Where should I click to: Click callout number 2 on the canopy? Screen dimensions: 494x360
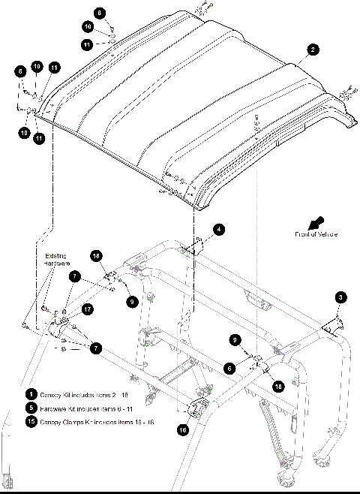pos(313,50)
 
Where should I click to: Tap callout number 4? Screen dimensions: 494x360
pos(219,230)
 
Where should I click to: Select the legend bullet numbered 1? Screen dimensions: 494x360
pos(31,393)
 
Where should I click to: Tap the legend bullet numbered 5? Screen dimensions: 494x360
pos(31,407)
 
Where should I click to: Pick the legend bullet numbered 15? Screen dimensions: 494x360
pos(31,421)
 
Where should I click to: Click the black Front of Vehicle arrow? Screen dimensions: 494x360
pos(321,222)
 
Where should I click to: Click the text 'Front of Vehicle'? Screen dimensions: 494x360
pos(315,235)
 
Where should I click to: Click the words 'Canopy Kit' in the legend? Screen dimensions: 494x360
pos(54,393)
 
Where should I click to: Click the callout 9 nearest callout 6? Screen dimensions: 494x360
pos(236,340)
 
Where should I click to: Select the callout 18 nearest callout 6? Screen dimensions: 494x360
pos(278,386)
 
